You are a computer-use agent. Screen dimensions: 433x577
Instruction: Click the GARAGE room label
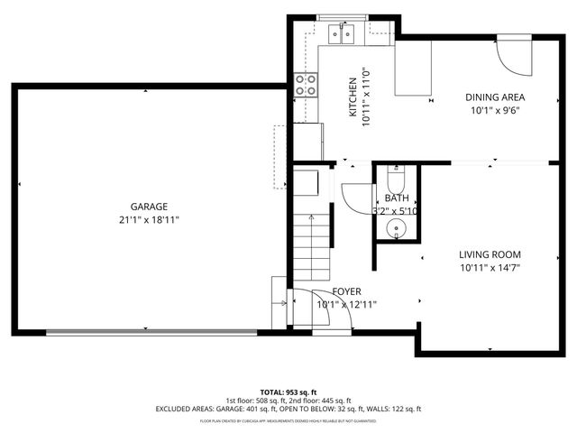(148, 207)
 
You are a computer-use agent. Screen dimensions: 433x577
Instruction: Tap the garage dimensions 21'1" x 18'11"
(148, 219)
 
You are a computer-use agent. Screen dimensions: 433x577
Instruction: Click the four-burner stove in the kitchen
(307, 85)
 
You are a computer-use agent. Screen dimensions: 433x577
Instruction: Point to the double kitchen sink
(343, 34)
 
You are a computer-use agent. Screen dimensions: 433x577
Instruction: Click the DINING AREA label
(495, 97)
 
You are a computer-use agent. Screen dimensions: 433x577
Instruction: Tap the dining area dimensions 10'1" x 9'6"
(495, 110)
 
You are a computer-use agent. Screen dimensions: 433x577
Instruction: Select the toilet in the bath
(397, 177)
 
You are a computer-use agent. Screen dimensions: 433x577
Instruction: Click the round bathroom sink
(397, 229)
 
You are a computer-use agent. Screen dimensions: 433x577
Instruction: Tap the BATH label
(397, 198)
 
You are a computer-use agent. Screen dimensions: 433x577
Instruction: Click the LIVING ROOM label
(490, 254)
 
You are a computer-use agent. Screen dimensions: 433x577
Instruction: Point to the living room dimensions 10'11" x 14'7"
(490, 267)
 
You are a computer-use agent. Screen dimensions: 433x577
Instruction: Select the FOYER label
(347, 291)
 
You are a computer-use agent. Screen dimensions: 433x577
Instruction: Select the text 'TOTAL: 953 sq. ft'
(288, 392)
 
